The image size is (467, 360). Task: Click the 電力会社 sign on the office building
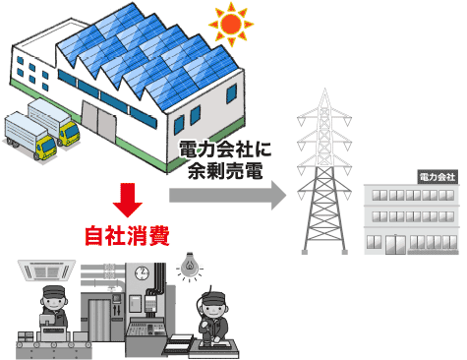(x=437, y=177)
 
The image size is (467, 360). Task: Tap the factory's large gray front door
(x=97, y=129)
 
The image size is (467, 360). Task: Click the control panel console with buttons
(x=147, y=330)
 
